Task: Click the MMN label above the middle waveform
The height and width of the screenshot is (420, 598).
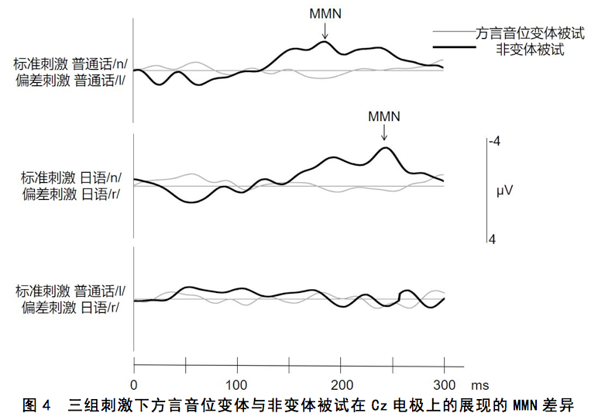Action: pos(384,116)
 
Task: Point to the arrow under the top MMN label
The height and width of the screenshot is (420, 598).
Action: pos(325,29)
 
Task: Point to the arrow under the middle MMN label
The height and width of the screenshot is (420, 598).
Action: pos(384,134)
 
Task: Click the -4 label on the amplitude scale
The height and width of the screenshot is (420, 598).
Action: pos(494,142)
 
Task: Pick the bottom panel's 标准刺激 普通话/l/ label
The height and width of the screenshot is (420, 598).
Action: pos(70,291)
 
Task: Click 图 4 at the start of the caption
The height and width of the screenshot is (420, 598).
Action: pos(36,405)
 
